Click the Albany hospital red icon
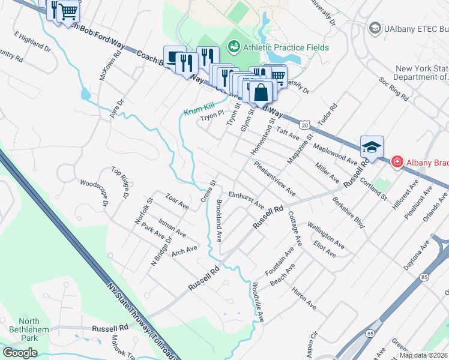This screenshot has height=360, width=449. pos(397,161)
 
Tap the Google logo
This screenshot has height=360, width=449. pos(20,352)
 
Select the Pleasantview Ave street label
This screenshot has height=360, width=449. pos(275,178)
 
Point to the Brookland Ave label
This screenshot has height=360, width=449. pos(219,220)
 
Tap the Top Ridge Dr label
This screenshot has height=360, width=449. pos(121,182)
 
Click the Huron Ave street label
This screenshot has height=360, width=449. pos(304,298)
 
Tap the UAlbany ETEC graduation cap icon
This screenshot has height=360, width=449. pos(375,28)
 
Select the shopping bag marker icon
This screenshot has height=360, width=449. pos(261,92)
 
